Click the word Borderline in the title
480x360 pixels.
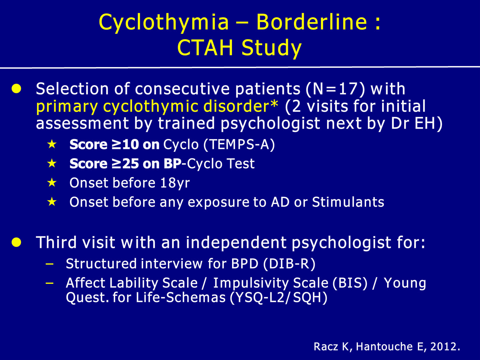312,22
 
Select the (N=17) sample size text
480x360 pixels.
335,89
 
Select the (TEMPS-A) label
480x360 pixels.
239,145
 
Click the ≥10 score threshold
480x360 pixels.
125,144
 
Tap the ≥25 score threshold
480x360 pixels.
125,164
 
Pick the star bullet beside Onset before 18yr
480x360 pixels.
52,182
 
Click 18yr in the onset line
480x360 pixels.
175,183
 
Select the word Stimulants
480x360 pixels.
348,202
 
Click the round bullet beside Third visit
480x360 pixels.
16,243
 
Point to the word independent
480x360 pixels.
236,243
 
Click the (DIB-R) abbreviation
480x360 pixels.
289,264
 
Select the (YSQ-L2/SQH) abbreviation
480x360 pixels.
278,298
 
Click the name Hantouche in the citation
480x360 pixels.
384,347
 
